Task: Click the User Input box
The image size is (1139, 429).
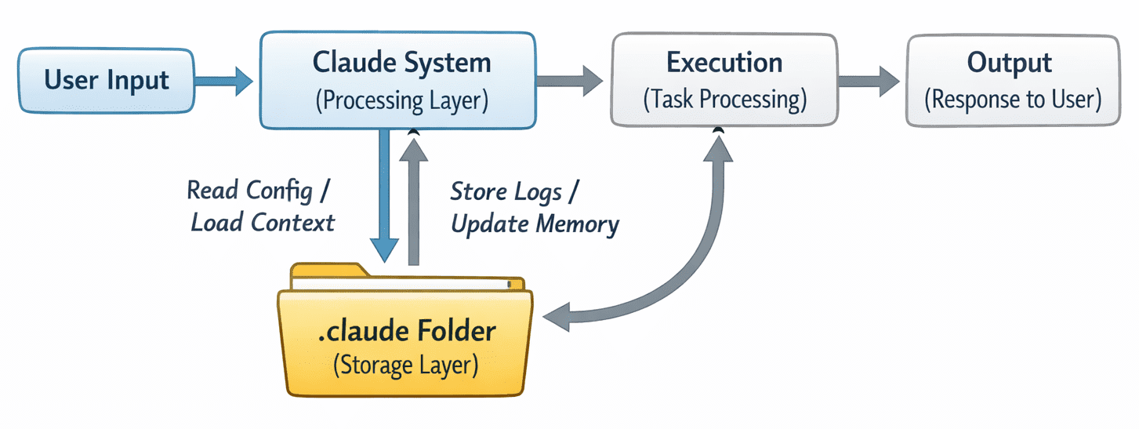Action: coord(106,80)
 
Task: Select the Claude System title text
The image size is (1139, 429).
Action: coord(401,63)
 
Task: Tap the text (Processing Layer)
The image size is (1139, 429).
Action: coord(401,100)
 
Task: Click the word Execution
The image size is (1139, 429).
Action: coord(724,63)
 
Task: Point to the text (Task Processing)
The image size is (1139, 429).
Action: coord(724,100)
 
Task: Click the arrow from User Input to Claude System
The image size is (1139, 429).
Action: coord(223,80)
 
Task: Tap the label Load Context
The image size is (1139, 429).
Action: coord(263,223)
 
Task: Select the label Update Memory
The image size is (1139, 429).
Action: coord(535,225)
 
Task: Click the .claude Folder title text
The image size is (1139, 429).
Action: coord(407,331)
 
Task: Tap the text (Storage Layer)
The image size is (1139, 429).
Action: coord(406,365)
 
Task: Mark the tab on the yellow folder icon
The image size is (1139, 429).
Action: coord(329,271)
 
